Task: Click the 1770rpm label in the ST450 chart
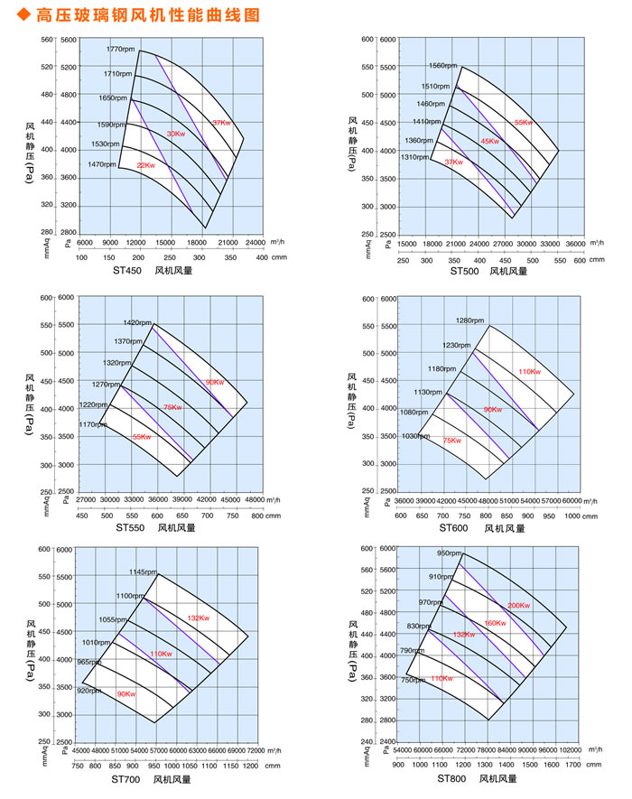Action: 120,49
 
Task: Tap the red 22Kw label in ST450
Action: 147,165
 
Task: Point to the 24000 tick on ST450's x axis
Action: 256,243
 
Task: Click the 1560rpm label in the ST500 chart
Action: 443,66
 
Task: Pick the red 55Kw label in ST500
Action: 525,122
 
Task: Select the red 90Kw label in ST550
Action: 214,383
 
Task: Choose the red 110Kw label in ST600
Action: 530,371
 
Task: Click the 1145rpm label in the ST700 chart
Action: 143,572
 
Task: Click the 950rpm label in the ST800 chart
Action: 450,553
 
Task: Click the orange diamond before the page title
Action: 10,14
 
